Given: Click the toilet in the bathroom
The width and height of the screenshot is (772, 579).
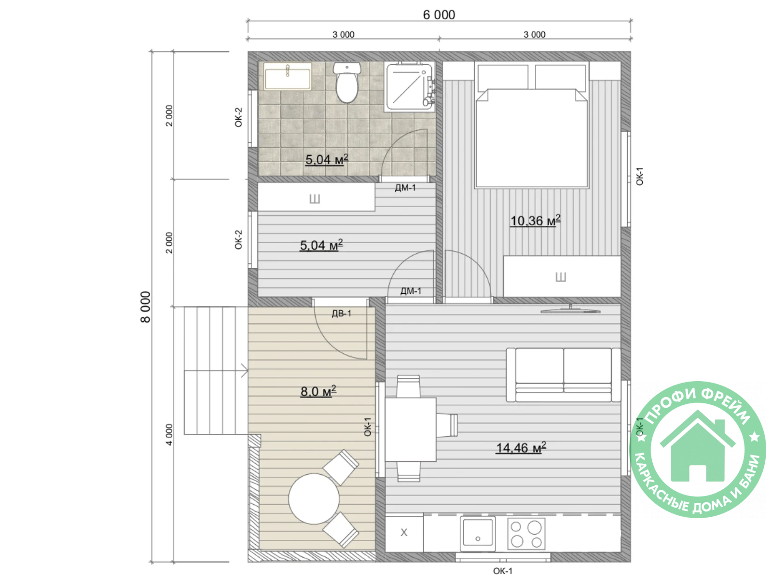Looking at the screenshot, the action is point(346,83).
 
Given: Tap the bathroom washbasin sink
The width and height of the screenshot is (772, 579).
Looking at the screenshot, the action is point(288,76).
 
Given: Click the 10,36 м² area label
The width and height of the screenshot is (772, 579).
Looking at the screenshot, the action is point(535,221).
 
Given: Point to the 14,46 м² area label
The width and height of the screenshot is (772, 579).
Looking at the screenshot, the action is point(521,448).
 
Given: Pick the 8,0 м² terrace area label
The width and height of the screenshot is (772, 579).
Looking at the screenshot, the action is point(318,391).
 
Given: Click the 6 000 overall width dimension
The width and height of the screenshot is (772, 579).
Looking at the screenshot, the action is point(439,15).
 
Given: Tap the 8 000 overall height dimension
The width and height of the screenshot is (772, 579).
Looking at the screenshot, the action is point(145,306).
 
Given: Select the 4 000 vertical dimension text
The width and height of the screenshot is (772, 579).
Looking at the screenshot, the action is point(169,435).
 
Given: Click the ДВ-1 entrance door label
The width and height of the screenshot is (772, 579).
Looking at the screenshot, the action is point(341,313).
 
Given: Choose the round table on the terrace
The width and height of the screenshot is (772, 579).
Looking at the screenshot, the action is point(314,498).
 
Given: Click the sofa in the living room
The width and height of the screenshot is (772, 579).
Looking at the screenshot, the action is point(563,374).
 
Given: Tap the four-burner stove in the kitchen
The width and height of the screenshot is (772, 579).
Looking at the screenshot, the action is point(526,533).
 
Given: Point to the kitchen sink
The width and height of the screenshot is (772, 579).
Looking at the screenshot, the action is point(478,533).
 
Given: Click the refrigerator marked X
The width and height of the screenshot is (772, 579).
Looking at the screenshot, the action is point(404,533).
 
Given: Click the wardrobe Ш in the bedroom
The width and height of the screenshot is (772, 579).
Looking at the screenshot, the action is point(562,276).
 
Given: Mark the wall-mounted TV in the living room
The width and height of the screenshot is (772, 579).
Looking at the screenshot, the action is point(570,310).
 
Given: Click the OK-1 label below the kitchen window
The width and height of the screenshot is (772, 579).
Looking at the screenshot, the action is point(503,571).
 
